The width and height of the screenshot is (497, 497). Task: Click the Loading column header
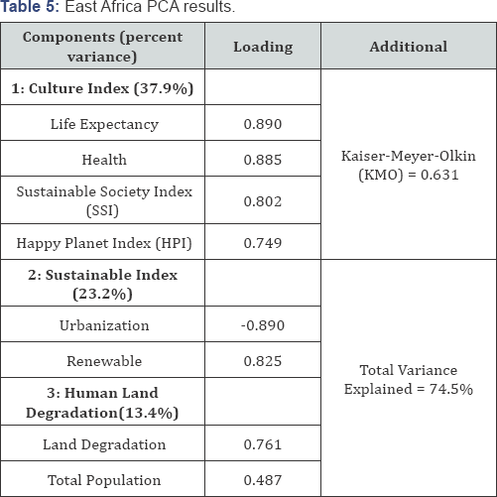263,47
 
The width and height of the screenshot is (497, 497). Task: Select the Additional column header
409,47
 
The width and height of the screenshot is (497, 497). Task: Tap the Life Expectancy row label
104,124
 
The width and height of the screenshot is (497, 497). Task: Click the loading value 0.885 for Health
263,160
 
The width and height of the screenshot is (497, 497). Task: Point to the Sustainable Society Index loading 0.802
263,201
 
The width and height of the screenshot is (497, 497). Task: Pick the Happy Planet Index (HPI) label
104,243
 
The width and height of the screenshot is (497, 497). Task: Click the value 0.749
263,243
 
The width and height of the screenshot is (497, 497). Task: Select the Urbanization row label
104,325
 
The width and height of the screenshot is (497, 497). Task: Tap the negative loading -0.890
263,325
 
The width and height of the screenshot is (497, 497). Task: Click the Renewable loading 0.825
263,361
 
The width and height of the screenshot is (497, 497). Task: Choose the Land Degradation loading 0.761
263,444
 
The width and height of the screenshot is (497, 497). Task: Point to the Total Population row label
104,480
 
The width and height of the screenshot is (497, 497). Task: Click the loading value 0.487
263,480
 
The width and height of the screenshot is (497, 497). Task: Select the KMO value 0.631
439,175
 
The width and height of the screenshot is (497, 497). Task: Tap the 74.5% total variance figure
451,389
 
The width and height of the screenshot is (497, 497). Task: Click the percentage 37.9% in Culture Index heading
164,88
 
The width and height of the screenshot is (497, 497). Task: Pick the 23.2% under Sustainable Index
102,294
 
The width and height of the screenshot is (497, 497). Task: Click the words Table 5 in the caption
30,7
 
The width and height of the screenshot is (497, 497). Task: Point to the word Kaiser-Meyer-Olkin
409,156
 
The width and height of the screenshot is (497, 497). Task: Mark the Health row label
104,160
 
